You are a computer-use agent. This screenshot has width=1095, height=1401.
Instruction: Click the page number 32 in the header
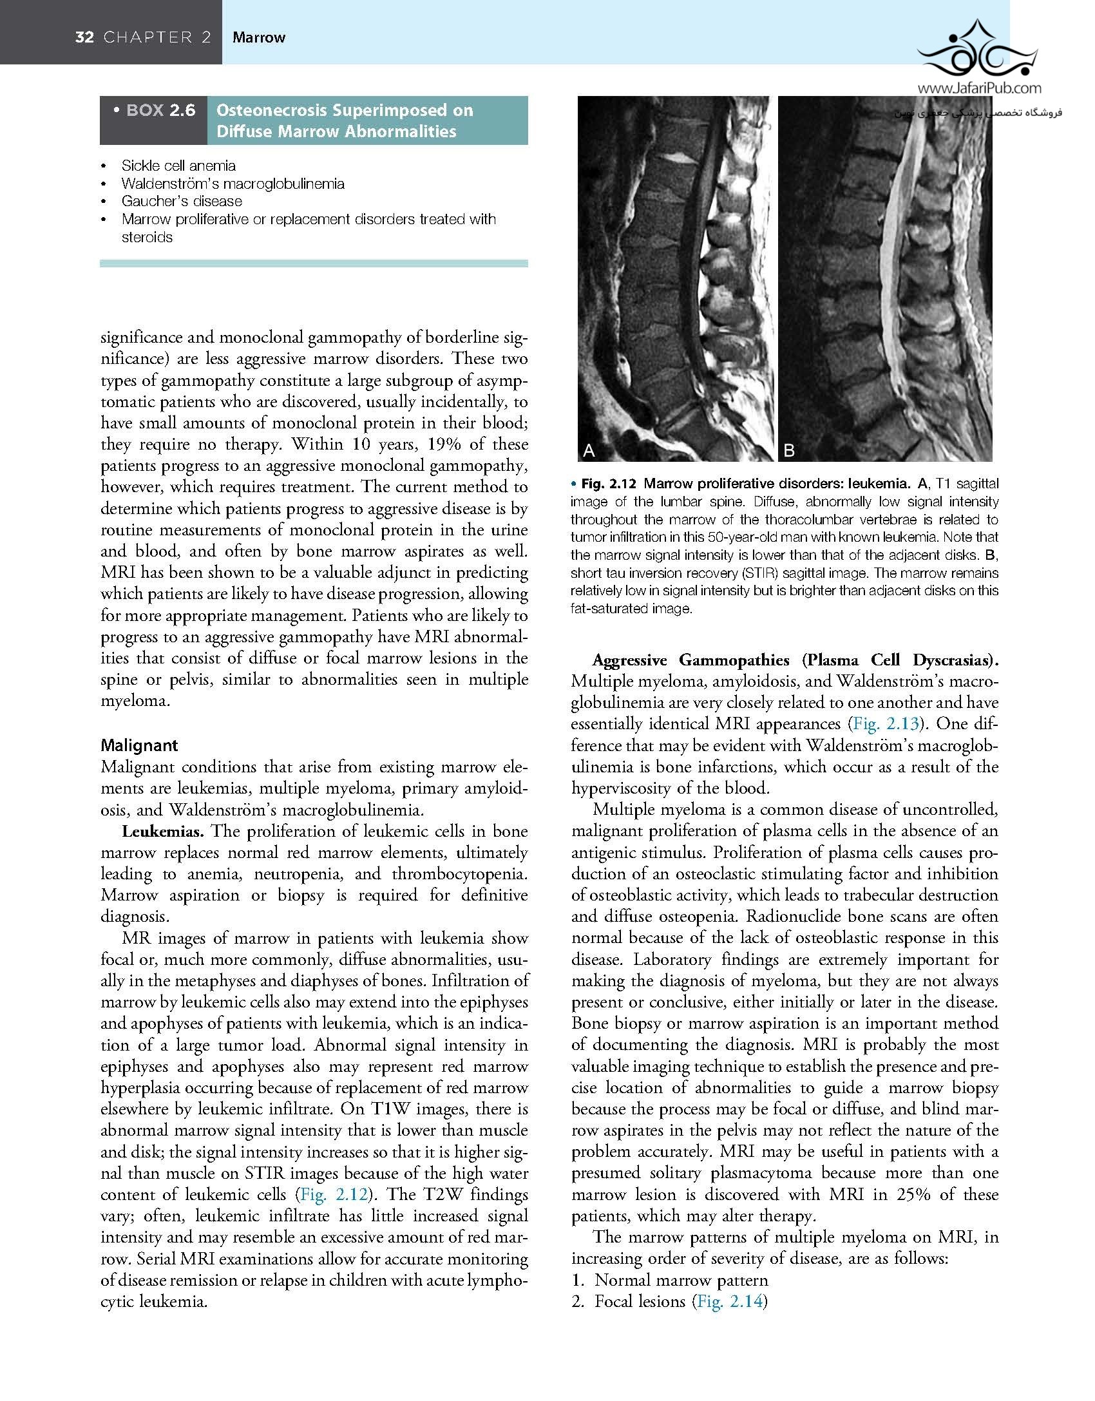84,37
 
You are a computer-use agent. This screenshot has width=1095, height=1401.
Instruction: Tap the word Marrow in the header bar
259,37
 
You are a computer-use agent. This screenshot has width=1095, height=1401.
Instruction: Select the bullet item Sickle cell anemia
178,166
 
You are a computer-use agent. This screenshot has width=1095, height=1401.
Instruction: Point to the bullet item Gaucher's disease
182,201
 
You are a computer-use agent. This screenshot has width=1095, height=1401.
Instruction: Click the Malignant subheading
139,745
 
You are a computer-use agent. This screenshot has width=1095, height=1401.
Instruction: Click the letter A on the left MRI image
589,451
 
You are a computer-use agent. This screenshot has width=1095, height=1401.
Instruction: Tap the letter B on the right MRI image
789,451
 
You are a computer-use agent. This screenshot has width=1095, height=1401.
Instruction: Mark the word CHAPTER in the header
157,37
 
